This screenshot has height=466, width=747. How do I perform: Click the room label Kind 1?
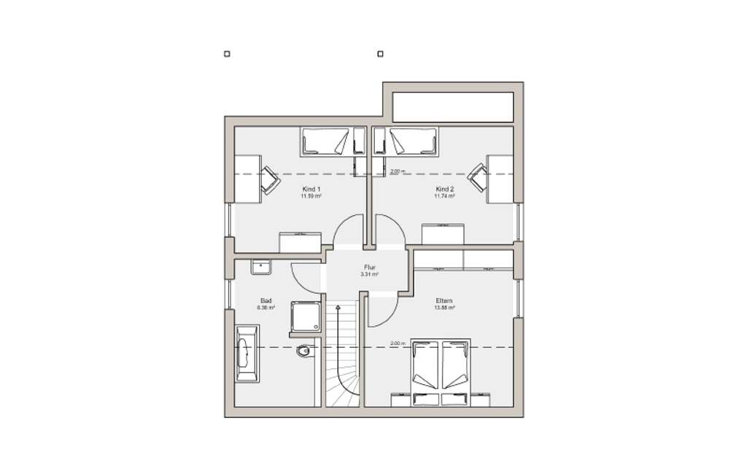311,189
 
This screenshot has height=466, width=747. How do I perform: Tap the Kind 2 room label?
444,189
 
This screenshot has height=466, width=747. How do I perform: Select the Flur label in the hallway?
369,267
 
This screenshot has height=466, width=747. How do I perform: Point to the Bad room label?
266,300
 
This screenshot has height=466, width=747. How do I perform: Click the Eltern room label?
444,300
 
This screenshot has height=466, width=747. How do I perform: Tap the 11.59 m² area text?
311,196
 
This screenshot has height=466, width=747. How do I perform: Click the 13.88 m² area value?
444,308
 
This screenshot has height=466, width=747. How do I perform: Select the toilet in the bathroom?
303,353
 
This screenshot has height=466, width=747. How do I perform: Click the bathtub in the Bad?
246,354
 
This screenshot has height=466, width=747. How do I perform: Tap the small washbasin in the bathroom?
260,267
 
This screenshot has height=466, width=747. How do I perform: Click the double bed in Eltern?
440,370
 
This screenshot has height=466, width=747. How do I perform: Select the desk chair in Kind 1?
270,179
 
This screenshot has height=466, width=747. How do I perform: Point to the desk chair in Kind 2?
479,176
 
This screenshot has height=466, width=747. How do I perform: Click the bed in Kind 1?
325,141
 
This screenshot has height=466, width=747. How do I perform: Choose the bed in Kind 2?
412,141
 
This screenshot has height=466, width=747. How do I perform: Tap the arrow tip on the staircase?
338,308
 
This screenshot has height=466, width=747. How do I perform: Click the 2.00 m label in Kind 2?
397,171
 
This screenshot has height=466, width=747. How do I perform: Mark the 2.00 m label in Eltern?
397,343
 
